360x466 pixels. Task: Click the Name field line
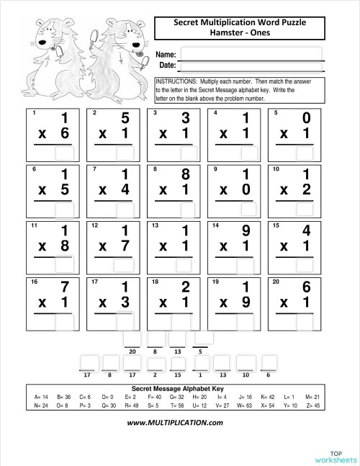[x=251, y=54]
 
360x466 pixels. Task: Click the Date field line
[x=251, y=66]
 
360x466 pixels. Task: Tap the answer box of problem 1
[x=64, y=153]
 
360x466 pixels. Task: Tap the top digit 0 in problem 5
[x=308, y=119]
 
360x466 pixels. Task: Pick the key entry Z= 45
[x=312, y=405]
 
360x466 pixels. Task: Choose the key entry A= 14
[x=41, y=397]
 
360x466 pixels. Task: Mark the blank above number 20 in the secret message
[x=132, y=339]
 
